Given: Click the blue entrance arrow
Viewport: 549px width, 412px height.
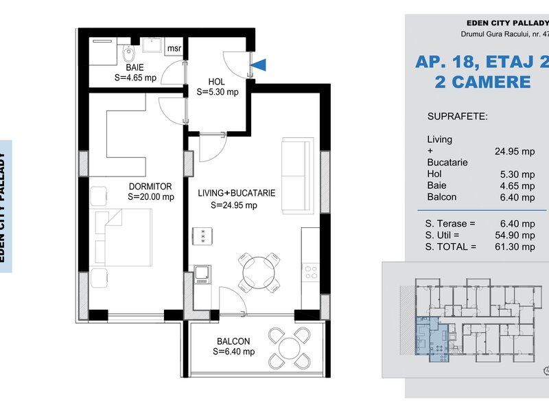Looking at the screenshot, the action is (x=259, y=65).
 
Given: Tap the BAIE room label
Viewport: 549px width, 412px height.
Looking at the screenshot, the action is (x=135, y=67).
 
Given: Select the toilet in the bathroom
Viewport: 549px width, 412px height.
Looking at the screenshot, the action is (x=129, y=54).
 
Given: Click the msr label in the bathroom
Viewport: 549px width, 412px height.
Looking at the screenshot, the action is (x=174, y=48).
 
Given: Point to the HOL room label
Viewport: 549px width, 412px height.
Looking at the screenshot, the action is (x=216, y=82).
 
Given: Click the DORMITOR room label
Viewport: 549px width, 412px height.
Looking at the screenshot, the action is (x=150, y=186).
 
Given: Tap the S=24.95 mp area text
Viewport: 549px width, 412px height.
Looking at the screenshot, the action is (x=234, y=205).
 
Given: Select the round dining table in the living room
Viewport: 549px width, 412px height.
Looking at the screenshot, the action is (x=259, y=273).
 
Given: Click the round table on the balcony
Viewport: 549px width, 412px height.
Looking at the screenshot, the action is (x=290, y=349).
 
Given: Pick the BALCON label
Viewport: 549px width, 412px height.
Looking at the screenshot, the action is (x=233, y=341).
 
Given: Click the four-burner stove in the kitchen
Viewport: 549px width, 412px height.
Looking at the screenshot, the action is (x=311, y=273).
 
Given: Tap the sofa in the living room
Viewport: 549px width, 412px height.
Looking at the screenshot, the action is (x=298, y=176).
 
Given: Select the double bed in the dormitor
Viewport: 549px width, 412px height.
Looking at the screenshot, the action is (x=123, y=237).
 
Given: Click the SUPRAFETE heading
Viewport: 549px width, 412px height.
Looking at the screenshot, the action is (x=457, y=116).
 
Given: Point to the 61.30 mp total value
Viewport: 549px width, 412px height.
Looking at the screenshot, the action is (x=515, y=247).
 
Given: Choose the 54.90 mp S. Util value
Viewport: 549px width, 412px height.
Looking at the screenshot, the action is (x=515, y=235).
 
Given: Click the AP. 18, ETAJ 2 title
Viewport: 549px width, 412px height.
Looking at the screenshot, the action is (x=482, y=62).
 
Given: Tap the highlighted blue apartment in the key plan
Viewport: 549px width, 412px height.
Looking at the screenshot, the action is (x=432, y=338).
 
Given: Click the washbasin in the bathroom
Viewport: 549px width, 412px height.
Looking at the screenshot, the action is (x=152, y=45).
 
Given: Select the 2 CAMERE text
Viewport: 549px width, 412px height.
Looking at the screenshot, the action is (x=483, y=82).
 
